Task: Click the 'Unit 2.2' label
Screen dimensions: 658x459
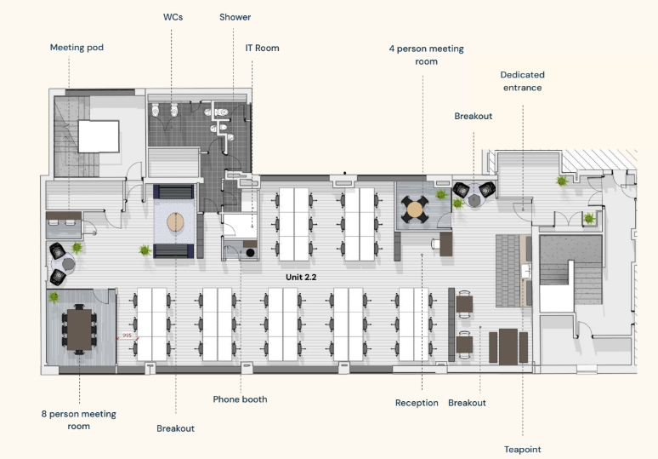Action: [x=301, y=278]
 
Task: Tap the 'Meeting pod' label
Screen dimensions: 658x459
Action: [x=77, y=48]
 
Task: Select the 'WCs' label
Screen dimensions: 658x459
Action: [x=173, y=17]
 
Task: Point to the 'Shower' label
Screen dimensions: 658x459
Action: [x=235, y=17]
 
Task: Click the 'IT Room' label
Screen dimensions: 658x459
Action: [x=263, y=49]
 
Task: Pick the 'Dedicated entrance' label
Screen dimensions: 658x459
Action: [x=523, y=81]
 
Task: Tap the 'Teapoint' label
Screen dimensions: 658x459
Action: [x=523, y=450]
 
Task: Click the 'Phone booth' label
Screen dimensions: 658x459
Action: [x=240, y=399]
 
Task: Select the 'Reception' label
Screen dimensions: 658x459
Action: [x=417, y=403]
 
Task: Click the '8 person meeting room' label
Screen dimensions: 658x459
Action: [x=79, y=420]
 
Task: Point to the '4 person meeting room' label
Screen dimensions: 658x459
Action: [x=427, y=55]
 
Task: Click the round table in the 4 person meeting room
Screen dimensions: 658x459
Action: [x=415, y=209]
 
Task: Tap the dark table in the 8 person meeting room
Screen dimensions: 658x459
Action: [x=79, y=330]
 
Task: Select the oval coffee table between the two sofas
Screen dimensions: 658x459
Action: [x=175, y=222]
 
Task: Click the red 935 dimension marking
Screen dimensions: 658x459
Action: [x=127, y=336]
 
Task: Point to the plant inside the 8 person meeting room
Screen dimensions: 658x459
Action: [x=54, y=297]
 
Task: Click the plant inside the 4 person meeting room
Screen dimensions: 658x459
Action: [x=441, y=195]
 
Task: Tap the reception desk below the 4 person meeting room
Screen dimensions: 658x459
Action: [x=445, y=244]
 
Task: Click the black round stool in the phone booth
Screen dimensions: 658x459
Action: [x=251, y=253]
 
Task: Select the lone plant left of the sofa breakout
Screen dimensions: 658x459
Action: [x=145, y=250]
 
